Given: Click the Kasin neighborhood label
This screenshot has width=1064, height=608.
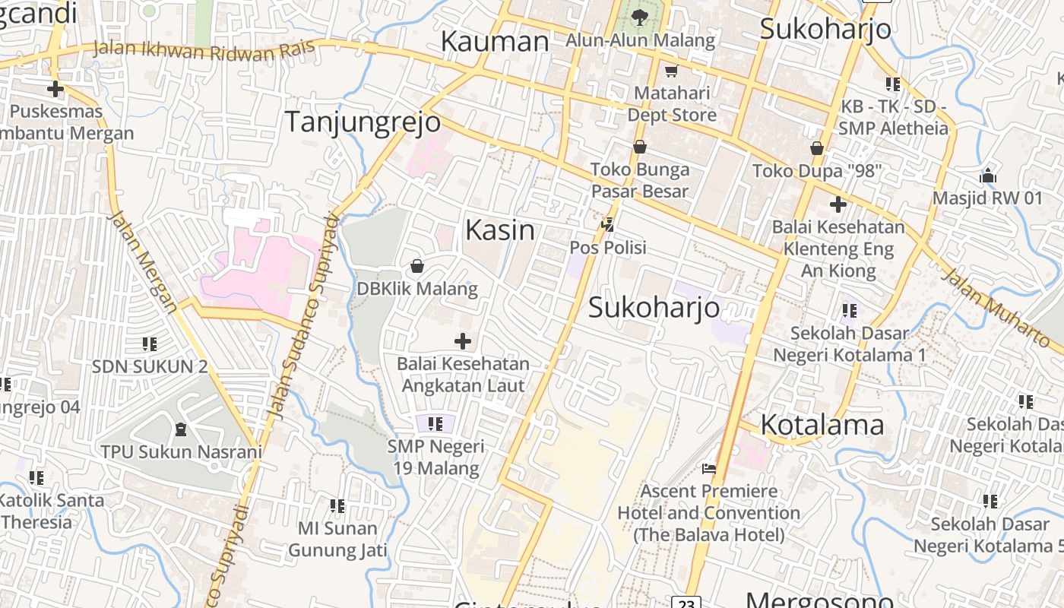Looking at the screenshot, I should pyautogui.click(x=499, y=230).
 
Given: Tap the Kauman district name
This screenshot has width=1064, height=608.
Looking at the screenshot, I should pyautogui.click(x=495, y=41).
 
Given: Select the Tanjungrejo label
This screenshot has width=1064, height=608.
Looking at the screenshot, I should pyautogui.click(x=363, y=122).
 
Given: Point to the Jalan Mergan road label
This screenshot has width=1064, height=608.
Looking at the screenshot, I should pyautogui.click(x=144, y=261).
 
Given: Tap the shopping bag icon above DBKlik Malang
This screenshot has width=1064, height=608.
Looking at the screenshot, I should pyautogui.click(x=417, y=266).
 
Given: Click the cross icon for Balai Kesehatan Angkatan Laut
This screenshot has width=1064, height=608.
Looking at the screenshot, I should pyautogui.click(x=463, y=340).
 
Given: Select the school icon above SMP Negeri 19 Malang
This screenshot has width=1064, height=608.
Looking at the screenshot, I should pyautogui.click(x=435, y=423).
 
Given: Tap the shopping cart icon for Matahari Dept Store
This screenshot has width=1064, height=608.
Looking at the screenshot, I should pyautogui.click(x=671, y=71).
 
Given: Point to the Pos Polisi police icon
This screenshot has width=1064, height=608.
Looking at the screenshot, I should pyautogui.click(x=607, y=224).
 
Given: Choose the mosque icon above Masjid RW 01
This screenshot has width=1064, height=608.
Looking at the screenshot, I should pyautogui.click(x=988, y=176).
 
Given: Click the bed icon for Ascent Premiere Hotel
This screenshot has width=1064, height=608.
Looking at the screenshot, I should pyautogui.click(x=709, y=468).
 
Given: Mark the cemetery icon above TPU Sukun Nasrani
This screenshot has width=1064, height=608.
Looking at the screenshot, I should pyautogui.click(x=181, y=429).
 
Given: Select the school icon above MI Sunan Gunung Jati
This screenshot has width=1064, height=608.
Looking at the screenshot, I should pyautogui.click(x=337, y=505).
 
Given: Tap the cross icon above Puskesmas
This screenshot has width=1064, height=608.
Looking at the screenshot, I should pyautogui.click(x=55, y=89).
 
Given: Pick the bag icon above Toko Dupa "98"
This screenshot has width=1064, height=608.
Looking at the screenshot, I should pyautogui.click(x=817, y=147).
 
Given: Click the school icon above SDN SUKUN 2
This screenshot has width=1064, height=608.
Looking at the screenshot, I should pyautogui.click(x=150, y=344).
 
